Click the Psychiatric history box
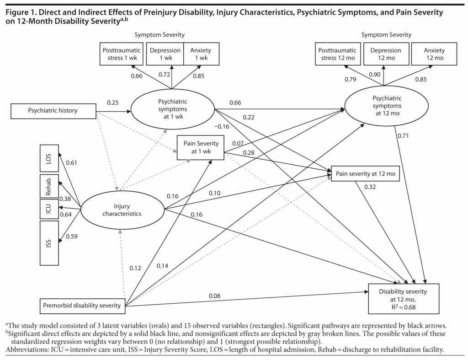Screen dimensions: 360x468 point(53,110)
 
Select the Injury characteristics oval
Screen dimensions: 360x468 point(122,210)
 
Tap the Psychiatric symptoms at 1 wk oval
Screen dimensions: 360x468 point(172,109)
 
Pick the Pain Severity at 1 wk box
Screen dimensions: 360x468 point(201,147)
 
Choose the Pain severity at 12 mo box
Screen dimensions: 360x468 point(365,174)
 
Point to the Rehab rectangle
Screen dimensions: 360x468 point(48,188)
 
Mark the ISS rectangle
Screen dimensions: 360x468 point(48,242)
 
